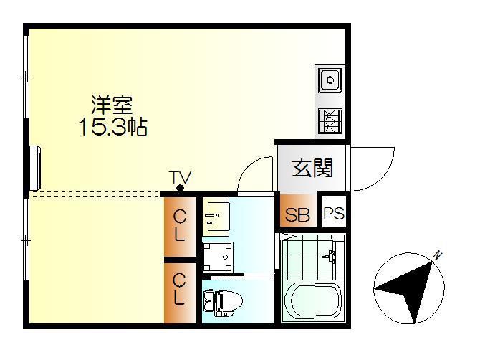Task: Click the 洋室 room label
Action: point(112,105)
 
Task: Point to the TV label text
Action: point(180,176)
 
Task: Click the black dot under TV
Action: point(180,189)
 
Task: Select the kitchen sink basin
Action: point(330,80)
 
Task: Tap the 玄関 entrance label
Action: point(312,169)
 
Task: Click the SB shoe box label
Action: point(298,214)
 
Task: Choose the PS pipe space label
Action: point(333,214)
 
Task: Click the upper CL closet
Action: point(179,225)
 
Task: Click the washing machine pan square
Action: point(218,255)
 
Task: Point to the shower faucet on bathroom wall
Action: point(331,256)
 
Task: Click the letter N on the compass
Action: point(437,255)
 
